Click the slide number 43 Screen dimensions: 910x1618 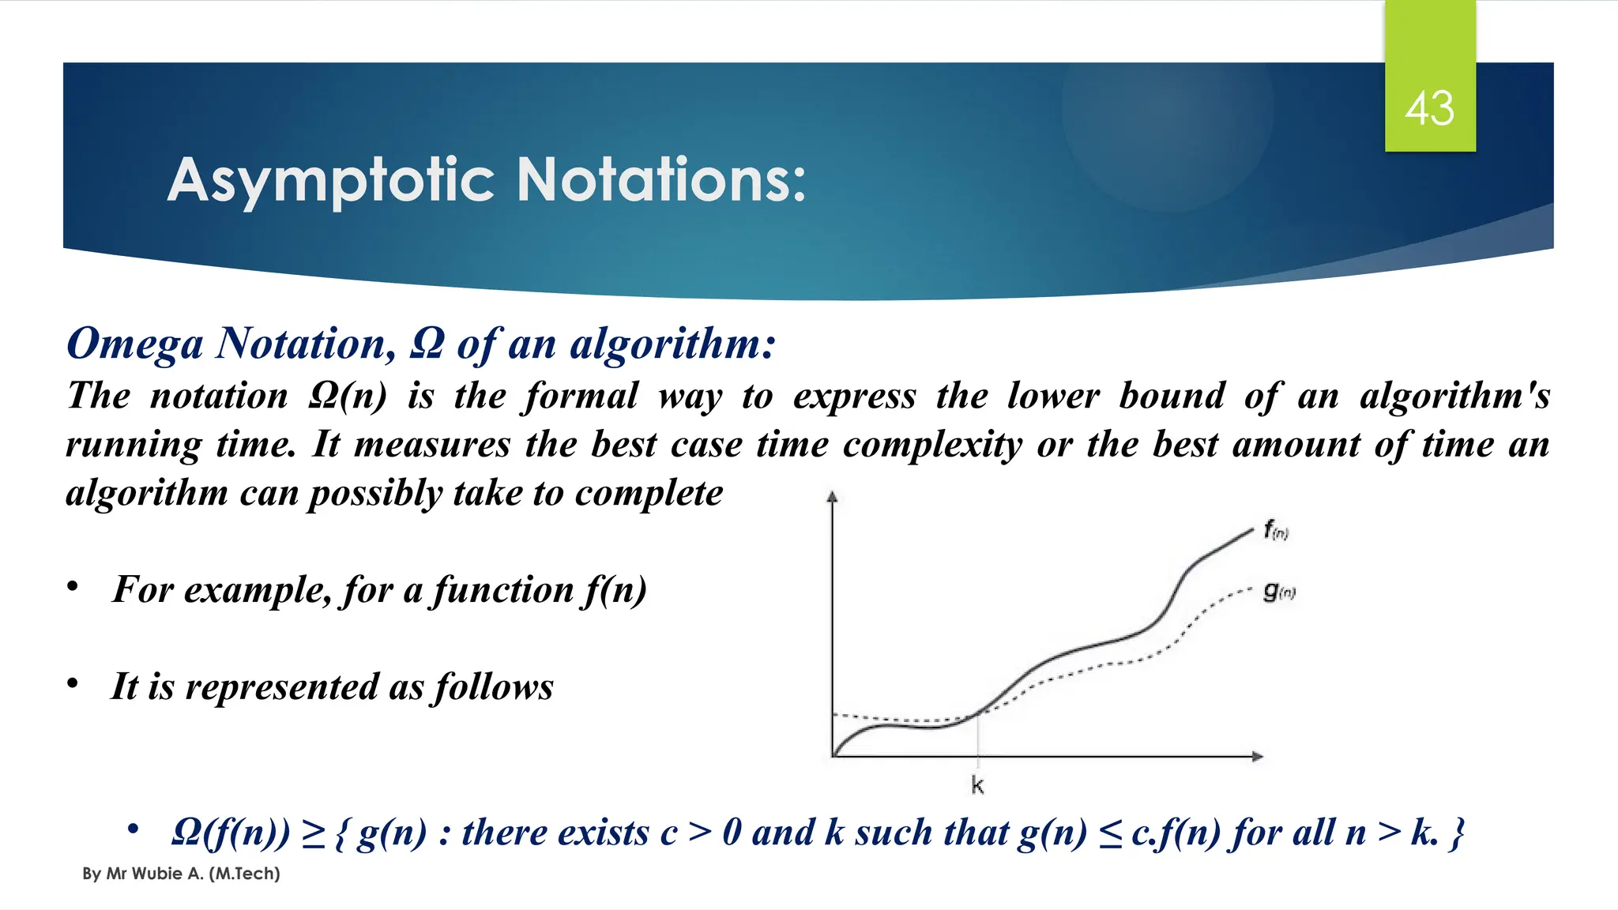(1429, 109)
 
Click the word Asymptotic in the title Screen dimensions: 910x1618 (331, 181)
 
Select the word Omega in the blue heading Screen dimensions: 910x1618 (134, 344)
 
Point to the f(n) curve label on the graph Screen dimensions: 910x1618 (1275, 530)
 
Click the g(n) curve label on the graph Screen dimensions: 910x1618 (1278, 591)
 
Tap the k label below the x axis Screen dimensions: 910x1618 (977, 785)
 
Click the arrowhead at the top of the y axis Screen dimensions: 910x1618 (831, 497)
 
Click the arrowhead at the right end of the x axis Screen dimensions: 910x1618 (1257, 757)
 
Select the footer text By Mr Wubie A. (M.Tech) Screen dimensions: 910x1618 (181, 874)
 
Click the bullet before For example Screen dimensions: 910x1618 (73, 587)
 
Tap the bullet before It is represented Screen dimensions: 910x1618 (73, 683)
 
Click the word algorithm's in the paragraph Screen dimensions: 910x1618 (1454, 396)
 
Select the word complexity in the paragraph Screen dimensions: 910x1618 (931, 445)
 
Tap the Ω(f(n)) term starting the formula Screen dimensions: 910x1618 (230, 833)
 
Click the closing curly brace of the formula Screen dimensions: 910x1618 (1456, 833)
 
